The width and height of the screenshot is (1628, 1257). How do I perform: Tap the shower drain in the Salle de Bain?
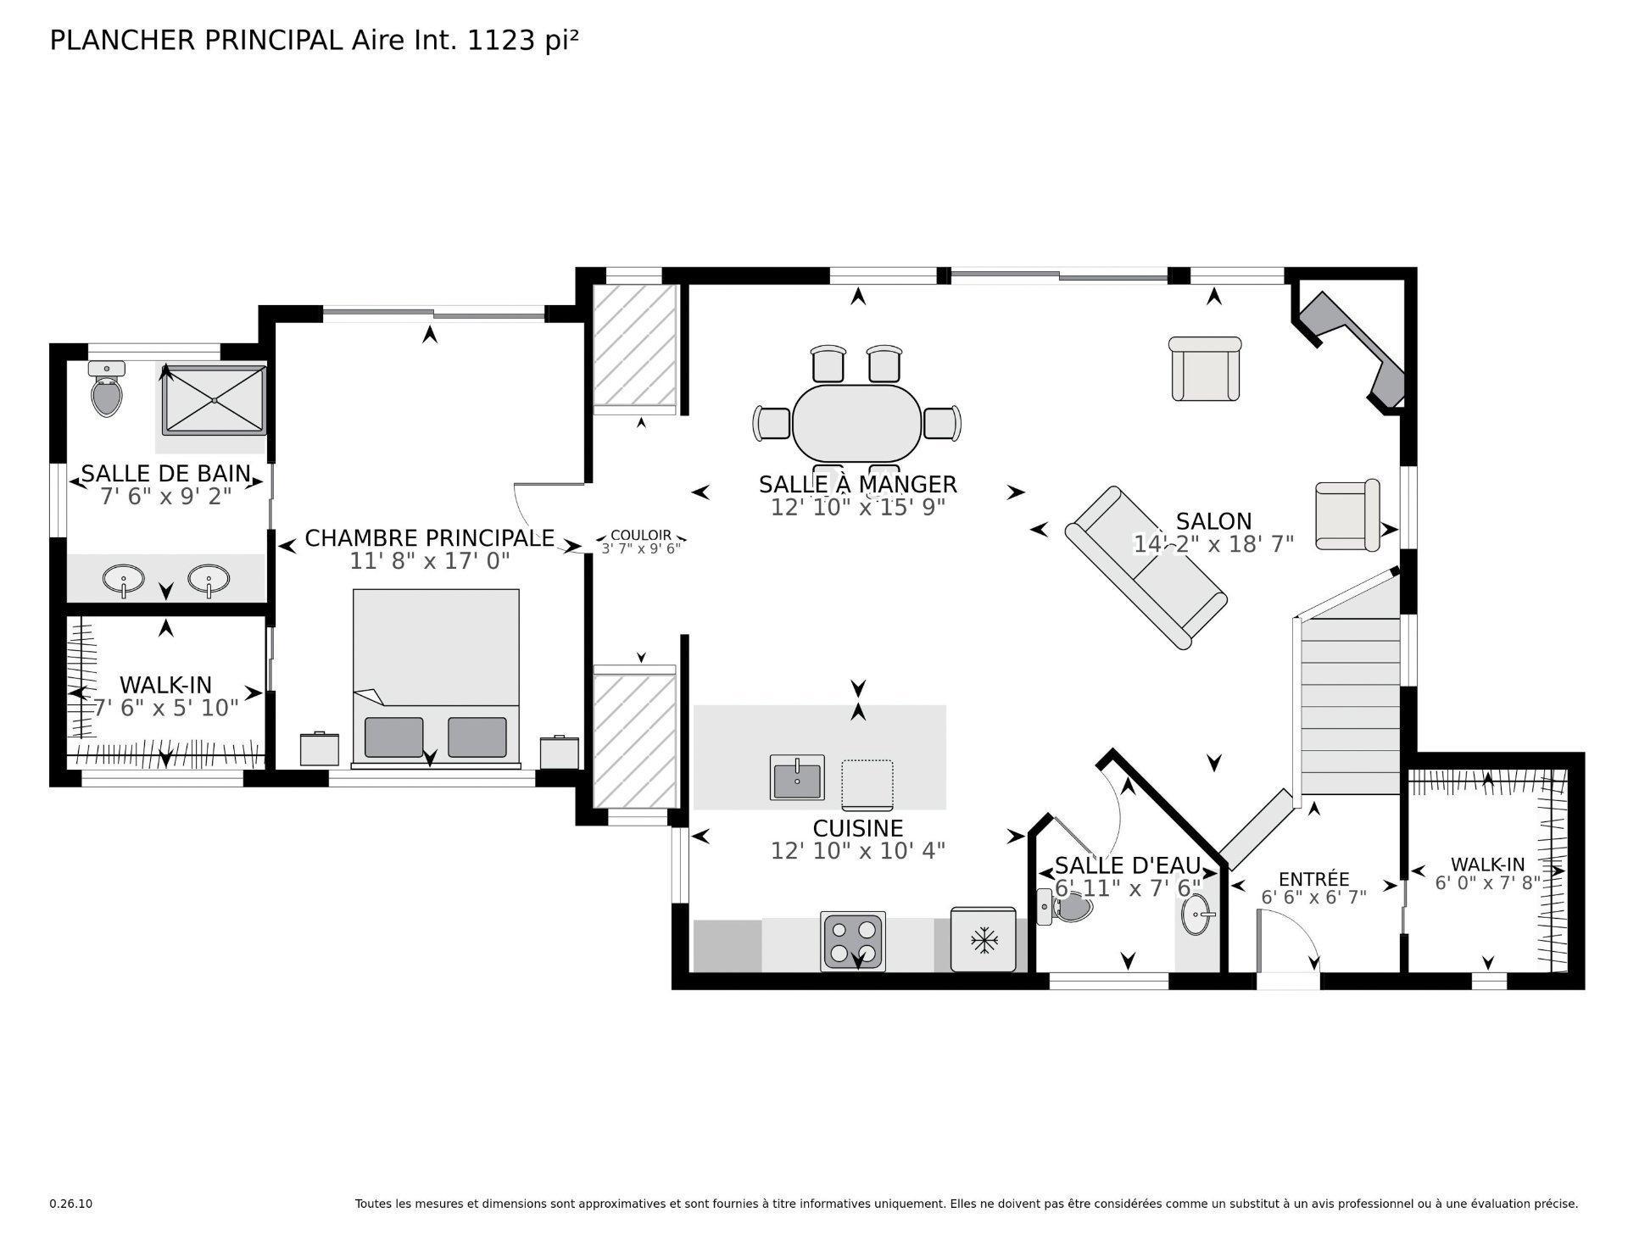click(215, 399)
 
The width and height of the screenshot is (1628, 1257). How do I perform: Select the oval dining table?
click(856, 423)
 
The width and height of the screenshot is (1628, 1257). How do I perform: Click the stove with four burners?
click(853, 941)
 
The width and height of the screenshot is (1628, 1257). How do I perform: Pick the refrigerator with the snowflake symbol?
click(983, 940)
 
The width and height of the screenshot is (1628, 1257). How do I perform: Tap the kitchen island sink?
click(797, 776)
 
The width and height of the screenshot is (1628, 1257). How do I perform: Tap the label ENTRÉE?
click(1313, 879)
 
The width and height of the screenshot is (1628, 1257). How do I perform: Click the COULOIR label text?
click(641, 535)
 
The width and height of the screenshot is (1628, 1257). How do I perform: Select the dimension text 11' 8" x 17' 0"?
click(429, 561)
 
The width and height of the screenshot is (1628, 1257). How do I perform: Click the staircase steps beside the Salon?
click(1350, 704)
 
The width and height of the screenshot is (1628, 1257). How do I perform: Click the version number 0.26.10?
click(70, 1204)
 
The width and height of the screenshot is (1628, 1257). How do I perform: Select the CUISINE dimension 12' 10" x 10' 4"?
click(857, 850)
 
